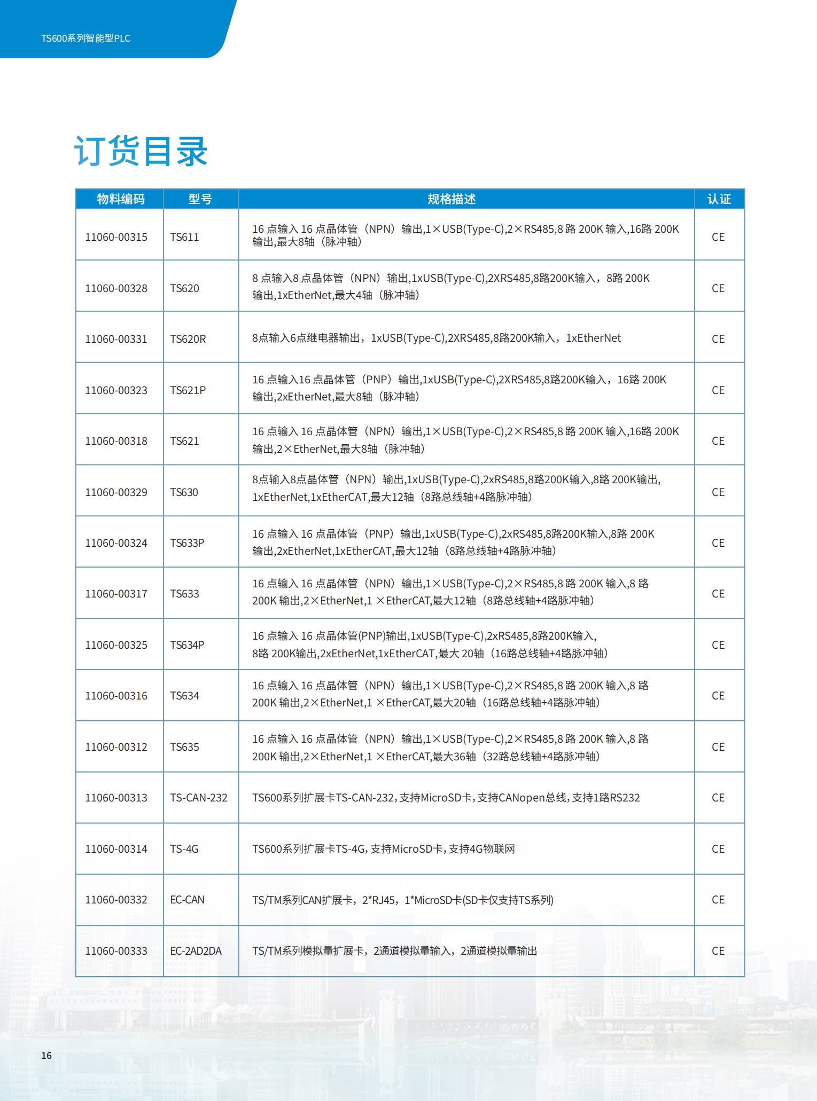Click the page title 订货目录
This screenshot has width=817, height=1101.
(x=141, y=151)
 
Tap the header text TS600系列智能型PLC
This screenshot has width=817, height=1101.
(x=85, y=38)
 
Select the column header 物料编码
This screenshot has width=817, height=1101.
(x=120, y=199)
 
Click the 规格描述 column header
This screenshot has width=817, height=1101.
(x=451, y=199)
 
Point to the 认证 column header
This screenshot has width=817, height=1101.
(x=719, y=199)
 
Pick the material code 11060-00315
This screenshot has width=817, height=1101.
(x=116, y=237)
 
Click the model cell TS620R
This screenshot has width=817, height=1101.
(x=188, y=339)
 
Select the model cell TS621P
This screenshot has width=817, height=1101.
(x=188, y=390)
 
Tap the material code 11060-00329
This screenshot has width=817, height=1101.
(x=116, y=492)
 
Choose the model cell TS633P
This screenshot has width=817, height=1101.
(x=187, y=543)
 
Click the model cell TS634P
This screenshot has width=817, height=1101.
(x=187, y=645)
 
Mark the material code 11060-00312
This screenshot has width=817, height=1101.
(x=116, y=747)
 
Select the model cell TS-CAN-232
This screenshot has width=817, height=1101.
(x=198, y=798)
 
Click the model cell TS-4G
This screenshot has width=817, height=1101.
(x=184, y=849)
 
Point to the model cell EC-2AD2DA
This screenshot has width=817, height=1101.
(x=196, y=951)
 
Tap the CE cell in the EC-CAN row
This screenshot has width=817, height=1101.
(x=718, y=900)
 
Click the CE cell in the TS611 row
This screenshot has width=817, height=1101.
(x=718, y=237)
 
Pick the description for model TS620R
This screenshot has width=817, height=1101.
(x=437, y=338)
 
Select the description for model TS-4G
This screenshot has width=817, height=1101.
(x=383, y=849)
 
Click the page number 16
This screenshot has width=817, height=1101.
(x=46, y=1056)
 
